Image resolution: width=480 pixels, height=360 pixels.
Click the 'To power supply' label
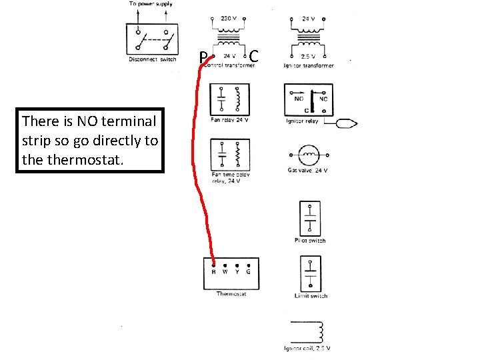click(151, 4)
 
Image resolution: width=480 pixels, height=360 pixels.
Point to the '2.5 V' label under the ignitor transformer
click(308, 57)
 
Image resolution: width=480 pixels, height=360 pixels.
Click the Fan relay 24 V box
click(228, 100)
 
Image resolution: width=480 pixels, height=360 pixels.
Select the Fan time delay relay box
click(228, 155)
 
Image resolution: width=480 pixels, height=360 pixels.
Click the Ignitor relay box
click(309, 100)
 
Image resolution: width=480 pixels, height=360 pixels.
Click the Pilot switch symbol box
click(309, 218)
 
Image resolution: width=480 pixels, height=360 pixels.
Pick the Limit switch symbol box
click(309, 273)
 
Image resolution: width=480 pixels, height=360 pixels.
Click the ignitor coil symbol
click(309, 331)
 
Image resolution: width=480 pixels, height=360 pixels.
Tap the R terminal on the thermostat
click(213, 272)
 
